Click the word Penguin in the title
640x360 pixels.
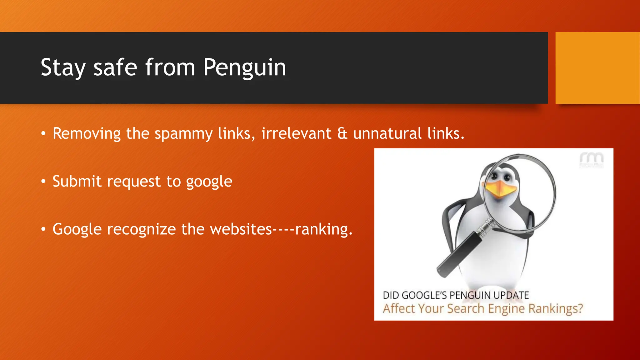pyautogui.click(x=245, y=67)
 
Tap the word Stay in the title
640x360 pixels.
pyautogui.click(x=63, y=67)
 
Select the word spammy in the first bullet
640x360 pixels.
pyautogui.click(x=183, y=134)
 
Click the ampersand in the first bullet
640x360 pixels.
pyautogui.click(x=342, y=133)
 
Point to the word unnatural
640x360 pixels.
pyautogui.click(x=387, y=133)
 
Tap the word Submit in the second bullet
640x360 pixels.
pyautogui.click(x=77, y=181)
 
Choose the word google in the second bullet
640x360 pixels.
pyautogui.click(x=209, y=182)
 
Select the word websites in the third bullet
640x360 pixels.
pyautogui.click(x=241, y=229)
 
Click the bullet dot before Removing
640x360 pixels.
pyautogui.click(x=43, y=134)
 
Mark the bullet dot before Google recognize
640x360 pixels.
pyautogui.click(x=43, y=229)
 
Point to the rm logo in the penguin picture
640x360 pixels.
pyautogui.click(x=592, y=160)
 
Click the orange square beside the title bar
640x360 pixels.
pyautogui.click(x=597, y=68)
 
